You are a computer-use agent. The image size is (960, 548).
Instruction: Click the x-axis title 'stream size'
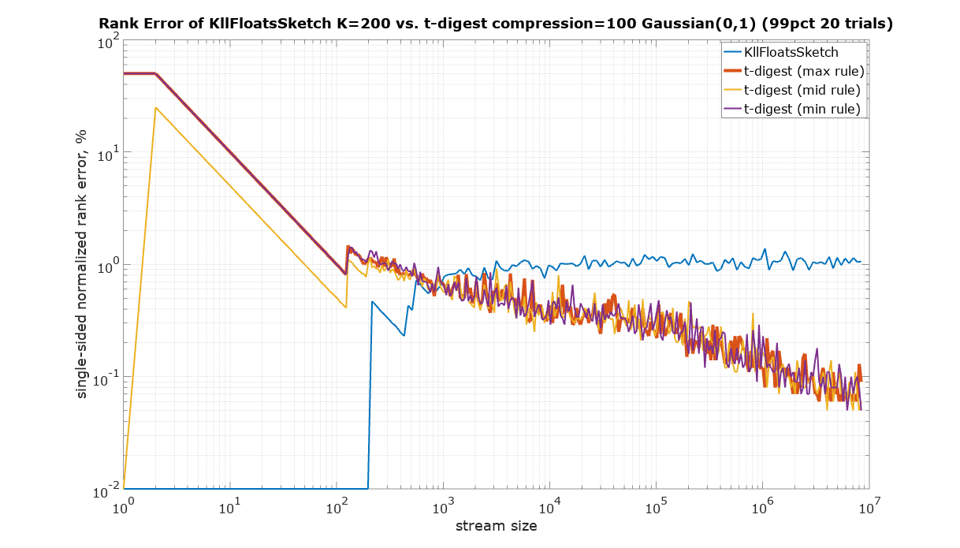497,526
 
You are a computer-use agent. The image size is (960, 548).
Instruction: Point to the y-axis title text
81,265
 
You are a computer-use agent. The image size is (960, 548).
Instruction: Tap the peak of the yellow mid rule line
156,108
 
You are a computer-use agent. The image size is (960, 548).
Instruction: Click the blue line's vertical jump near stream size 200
369,394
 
